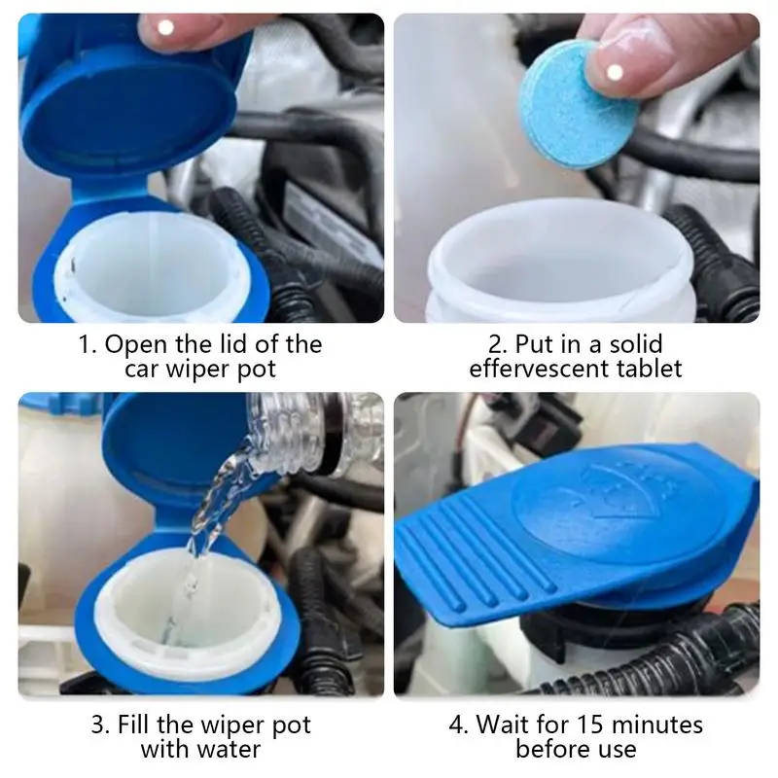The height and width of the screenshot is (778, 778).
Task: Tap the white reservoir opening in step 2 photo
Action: pyautogui.click(x=564, y=263)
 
